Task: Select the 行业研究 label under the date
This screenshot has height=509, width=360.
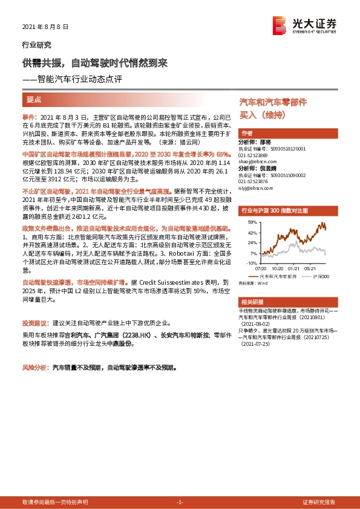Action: [x=37, y=45]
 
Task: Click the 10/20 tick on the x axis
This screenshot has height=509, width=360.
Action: [x=278, y=268]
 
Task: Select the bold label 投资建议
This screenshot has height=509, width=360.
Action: [x=36, y=324]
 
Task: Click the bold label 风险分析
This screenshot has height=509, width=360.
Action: [x=36, y=366]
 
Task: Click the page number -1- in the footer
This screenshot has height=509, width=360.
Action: [x=179, y=502]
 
